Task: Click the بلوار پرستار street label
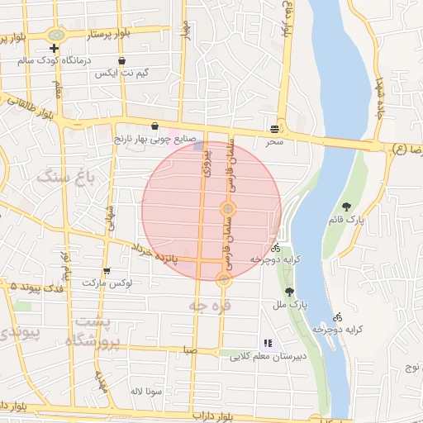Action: (97, 36)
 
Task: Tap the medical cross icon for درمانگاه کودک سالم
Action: (54, 49)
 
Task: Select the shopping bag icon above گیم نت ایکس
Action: (122, 60)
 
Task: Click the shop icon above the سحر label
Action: (273, 129)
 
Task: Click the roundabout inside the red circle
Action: (227, 208)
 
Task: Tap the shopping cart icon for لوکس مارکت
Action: (107, 271)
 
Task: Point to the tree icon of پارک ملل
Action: (288, 292)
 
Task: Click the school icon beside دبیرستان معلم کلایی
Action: (267, 343)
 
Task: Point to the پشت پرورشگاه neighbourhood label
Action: (97, 330)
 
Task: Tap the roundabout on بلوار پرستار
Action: (57, 36)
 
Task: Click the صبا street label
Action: (191, 350)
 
